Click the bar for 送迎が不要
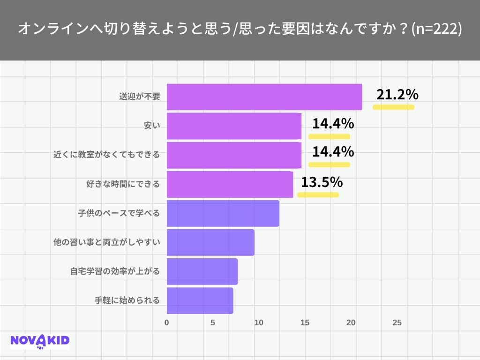pos(264,97)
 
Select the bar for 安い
pos(234,126)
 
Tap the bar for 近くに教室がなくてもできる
pos(234,155)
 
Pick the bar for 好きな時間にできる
pos(230,184)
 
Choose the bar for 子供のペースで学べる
pos(223,213)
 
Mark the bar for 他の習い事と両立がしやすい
pos(210,242)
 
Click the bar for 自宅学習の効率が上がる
pos(202,271)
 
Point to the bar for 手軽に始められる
pos(200,300)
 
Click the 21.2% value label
pos(397,95)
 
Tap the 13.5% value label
pos(322,182)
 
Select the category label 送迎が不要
pos(140,97)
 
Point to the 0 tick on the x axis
pos(167,323)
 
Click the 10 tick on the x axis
pos(258,323)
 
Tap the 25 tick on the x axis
pos(397,323)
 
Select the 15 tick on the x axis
pos(305,323)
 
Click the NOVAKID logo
pos(40,341)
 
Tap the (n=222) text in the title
pos(436,29)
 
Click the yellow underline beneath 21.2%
pos(393,107)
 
